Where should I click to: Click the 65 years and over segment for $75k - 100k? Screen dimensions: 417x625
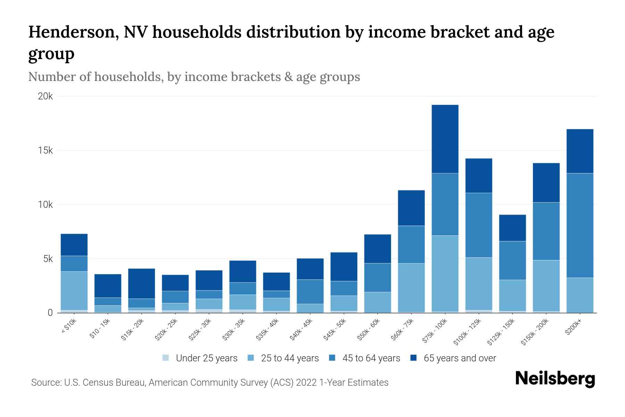tap(445, 139)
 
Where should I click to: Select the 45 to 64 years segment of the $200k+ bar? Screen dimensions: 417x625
tap(580, 225)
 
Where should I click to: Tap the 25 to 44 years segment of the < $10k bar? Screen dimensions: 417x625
tap(74, 291)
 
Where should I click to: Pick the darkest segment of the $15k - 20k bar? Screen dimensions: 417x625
tap(141, 284)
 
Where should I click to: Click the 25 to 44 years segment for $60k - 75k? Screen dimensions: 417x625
tap(411, 287)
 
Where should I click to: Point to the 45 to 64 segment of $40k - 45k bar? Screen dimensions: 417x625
tap(310, 292)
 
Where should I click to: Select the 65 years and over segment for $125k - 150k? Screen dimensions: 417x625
tap(512, 228)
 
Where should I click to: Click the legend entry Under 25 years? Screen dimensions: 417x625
tap(207, 358)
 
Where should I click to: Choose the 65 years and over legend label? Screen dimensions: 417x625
tap(460, 358)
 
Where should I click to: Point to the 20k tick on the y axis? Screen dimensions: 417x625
tap(45, 97)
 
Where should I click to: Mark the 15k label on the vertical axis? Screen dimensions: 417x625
tap(45, 151)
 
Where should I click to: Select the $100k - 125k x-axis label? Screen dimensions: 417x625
tap(468, 332)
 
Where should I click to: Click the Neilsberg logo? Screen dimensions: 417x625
tap(555, 379)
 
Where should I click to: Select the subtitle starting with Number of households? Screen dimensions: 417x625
tap(194, 77)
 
